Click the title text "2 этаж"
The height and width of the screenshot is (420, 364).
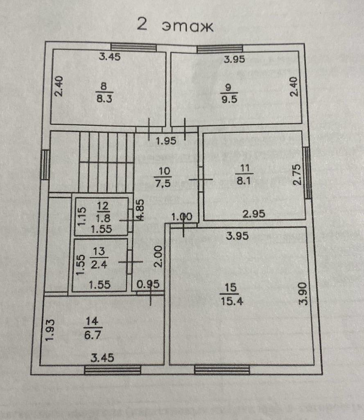click(x=175, y=25)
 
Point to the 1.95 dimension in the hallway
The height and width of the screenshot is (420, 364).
click(x=166, y=141)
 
